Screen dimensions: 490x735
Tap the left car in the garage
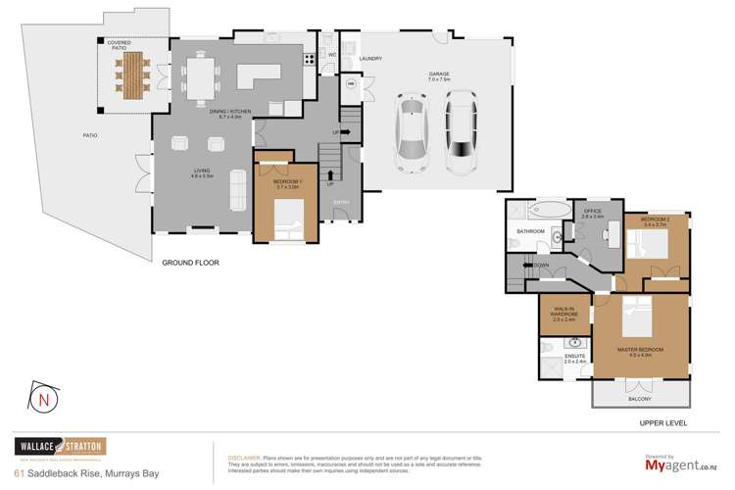pyautogui.click(x=410, y=131)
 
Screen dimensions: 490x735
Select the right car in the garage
pyautogui.click(x=461, y=130)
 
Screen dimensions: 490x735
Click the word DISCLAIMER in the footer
pyautogui.click(x=242, y=458)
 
